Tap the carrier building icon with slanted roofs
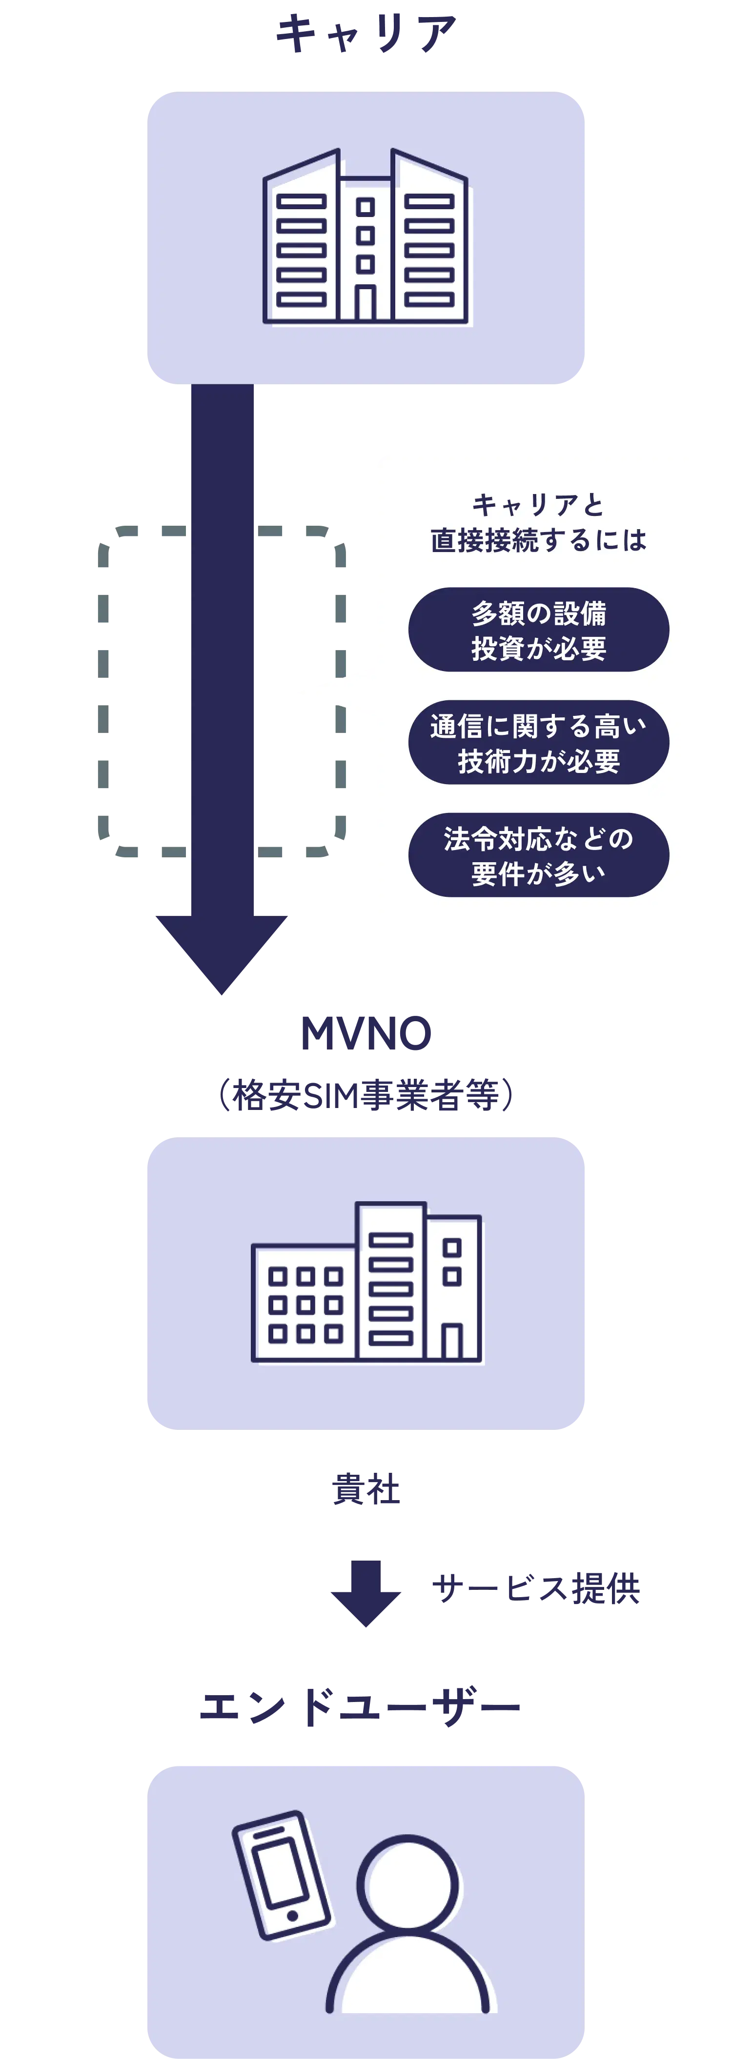(366, 238)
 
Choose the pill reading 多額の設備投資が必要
(538, 630)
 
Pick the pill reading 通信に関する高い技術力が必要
(538, 743)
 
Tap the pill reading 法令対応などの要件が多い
(538, 855)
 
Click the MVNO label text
(366, 1033)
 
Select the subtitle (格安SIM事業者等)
(366, 1094)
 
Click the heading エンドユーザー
(360, 1707)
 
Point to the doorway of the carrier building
(366, 304)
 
